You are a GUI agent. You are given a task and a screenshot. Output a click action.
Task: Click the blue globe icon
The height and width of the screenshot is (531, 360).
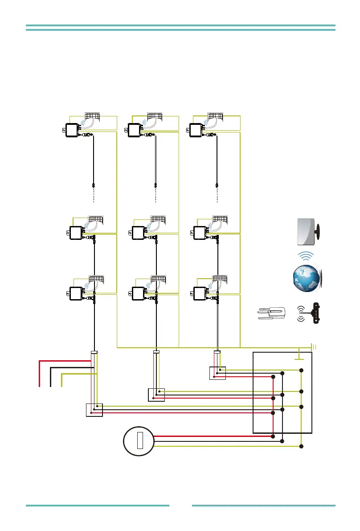tap(307, 278)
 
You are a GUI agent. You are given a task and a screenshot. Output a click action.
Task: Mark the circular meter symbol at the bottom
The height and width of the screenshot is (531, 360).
tap(139, 441)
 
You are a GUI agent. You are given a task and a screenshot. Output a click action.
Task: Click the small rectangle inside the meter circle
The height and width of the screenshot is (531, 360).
tap(139, 440)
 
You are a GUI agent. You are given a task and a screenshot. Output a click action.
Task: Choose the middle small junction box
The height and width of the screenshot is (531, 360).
tap(156, 395)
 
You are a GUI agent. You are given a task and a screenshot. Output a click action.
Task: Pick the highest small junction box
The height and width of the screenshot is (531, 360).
tap(217, 373)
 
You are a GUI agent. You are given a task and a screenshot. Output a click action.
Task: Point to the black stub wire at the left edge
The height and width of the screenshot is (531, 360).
tap(51, 377)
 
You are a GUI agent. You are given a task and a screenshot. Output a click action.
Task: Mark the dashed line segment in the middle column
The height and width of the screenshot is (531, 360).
tap(156, 197)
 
